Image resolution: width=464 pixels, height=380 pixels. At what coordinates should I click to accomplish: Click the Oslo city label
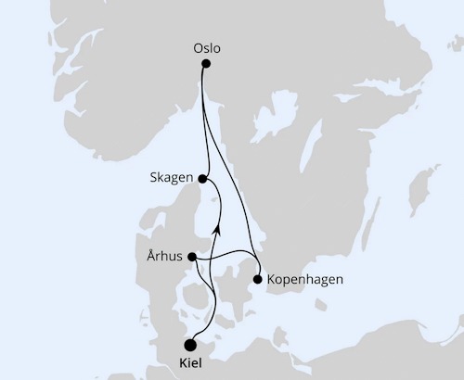tap(206, 45)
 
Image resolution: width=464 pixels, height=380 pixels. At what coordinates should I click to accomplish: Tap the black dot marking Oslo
tap(206, 64)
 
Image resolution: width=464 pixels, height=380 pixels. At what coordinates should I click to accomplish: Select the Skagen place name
tap(169, 177)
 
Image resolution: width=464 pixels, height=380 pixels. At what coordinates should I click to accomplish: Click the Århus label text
tap(163, 257)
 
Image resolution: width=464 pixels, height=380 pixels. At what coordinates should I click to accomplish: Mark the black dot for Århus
tap(192, 257)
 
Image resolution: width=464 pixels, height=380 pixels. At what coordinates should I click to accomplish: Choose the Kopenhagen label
tap(305, 278)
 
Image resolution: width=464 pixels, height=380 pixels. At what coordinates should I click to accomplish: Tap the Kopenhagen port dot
tap(257, 277)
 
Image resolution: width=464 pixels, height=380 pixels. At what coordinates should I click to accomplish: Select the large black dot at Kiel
tap(191, 344)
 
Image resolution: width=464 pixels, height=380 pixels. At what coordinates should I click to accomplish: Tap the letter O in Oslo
tap(197, 45)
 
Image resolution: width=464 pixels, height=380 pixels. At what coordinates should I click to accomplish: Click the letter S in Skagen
tap(151, 177)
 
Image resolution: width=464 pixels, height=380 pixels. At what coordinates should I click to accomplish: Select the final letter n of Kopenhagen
tap(341, 278)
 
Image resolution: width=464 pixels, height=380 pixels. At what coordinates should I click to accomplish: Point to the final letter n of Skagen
tap(187, 177)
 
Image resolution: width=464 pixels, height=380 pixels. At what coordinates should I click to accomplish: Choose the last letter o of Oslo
tap(217, 45)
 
